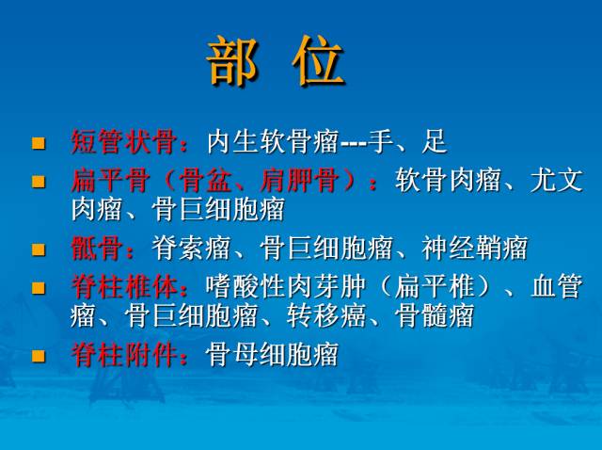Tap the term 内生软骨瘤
273,143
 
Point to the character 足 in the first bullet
435,143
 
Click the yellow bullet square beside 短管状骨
39,144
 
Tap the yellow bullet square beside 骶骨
39,250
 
